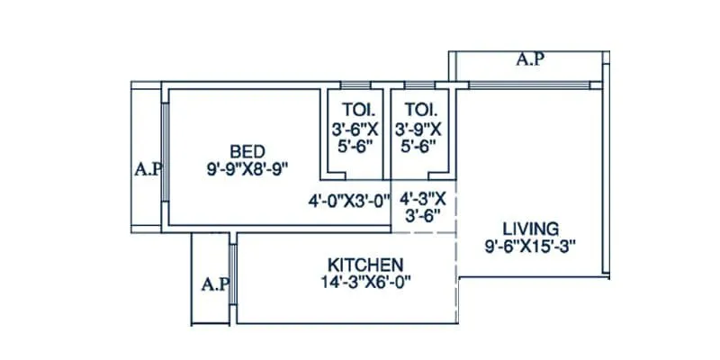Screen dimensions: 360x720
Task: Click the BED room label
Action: coord(246,150)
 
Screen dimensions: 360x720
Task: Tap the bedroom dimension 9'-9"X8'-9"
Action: coord(246,166)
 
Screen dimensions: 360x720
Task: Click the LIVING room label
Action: coord(530,228)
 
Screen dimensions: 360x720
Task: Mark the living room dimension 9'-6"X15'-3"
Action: coord(530,244)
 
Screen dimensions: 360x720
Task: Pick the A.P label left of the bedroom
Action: coord(147,168)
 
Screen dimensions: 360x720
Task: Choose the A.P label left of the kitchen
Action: coord(213,284)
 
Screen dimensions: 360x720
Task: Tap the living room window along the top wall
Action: coord(531,85)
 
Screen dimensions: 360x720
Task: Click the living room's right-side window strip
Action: coord(606,180)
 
